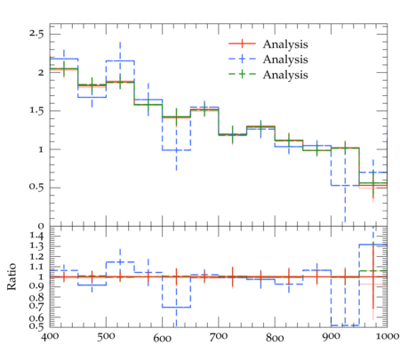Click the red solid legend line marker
coord(242,44)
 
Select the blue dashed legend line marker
coord(242,59)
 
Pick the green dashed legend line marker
coord(242,74)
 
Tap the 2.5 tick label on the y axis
coord(36,34)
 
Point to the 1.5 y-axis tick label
coord(36,111)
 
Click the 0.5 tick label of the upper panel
coord(36,188)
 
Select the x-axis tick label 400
coord(50,337)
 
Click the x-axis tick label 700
coord(219,337)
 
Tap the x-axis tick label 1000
coord(387,337)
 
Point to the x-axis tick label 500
coord(106,337)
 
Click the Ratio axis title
coord(12,277)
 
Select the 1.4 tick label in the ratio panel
coord(36,237)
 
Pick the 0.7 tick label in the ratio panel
coord(36,306)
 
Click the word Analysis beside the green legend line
coord(285,75)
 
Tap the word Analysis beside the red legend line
coord(285,44)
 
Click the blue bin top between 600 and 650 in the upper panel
coord(176,150)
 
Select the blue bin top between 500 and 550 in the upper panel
coord(120,60)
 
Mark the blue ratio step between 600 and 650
coord(176,307)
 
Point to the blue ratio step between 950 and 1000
coord(373,245)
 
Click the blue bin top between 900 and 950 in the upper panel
coord(345,185)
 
